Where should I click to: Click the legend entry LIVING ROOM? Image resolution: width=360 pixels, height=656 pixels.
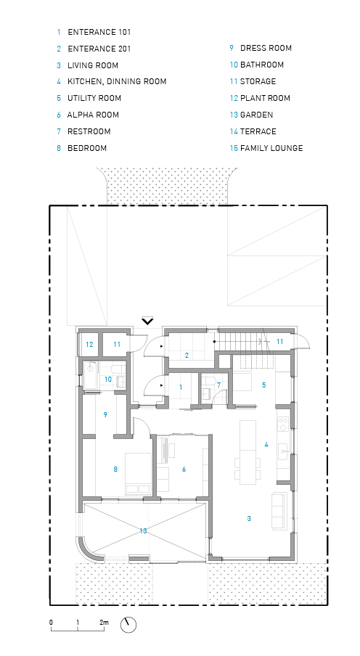(x=93, y=65)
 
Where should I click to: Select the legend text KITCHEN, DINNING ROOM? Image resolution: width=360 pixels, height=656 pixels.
(x=117, y=81)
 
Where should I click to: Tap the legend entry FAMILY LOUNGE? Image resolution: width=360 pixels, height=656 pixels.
(x=271, y=148)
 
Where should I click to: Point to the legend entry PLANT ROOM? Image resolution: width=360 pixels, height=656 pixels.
(x=265, y=98)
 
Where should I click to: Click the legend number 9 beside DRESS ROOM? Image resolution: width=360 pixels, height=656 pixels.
(x=232, y=48)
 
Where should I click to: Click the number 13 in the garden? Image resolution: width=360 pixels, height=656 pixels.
(x=143, y=531)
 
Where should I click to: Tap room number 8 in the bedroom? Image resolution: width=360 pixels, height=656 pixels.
(x=115, y=470)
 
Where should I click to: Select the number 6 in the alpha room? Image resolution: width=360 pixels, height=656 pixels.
(x=184, y=470)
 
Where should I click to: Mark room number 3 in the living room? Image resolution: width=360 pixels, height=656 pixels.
(x=249, y=519)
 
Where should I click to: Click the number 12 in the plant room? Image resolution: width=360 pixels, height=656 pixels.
(x=89, y=345)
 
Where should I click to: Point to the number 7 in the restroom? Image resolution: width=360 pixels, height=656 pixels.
(x=218, y=385)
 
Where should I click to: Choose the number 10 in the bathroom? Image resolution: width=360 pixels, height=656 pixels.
(x=108, y=380)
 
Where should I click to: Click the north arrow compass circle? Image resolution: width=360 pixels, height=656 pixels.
(x=128, y=625)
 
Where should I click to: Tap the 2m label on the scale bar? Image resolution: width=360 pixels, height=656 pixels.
(x=104, y=623)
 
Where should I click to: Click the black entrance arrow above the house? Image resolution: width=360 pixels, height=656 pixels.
(x=147, y=321)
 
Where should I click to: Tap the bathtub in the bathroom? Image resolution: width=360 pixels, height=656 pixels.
(x=90, y=376)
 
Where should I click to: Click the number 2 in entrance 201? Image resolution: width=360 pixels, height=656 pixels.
(x=187, y=356)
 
